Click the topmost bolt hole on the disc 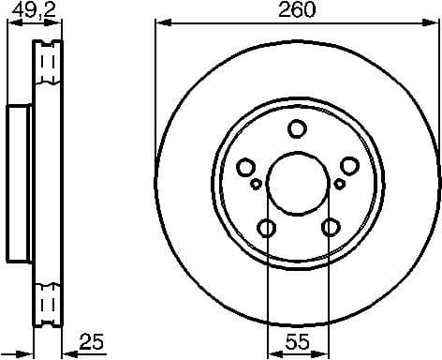pos(298,130)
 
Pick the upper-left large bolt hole pos(246,167)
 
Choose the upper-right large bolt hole pos(349,166)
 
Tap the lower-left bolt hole pos(267,227)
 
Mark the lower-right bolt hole pos(330,227)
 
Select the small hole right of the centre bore pos(338,184)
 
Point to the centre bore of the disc pos(298,184)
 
